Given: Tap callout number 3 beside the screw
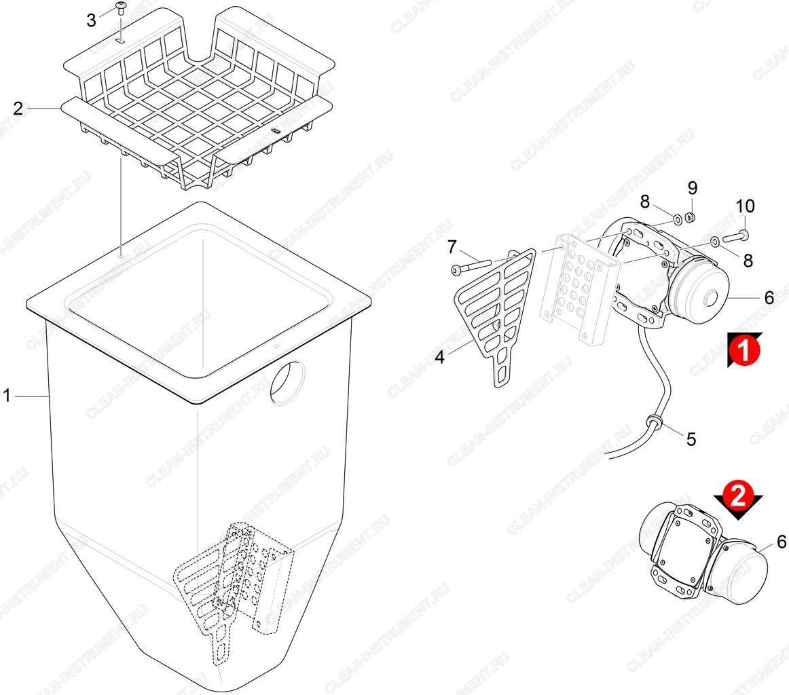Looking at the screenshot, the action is (x=91, y=20).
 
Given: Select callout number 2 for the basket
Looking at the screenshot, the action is (x=18, y=108).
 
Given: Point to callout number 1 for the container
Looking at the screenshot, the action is (x=7, y=396).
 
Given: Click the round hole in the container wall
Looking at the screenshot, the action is (x=287, y=381).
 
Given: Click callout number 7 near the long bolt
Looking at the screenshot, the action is (x=452, y=247).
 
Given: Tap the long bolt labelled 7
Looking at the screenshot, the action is (x=471, y=265).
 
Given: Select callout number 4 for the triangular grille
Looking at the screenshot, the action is (x=440, y=358).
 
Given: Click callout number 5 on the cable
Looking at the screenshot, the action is (x=691, y=439).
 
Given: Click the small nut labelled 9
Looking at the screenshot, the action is (x=692, y=218).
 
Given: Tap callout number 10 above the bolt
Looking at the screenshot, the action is (x=746, y=206).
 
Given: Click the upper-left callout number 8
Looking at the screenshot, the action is (x=645, y=202).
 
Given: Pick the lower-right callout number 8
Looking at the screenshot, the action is (x=748, y=260).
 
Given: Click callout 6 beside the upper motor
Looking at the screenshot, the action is (x=769, y=298).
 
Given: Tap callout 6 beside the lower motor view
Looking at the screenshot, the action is (x=782, y=542).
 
